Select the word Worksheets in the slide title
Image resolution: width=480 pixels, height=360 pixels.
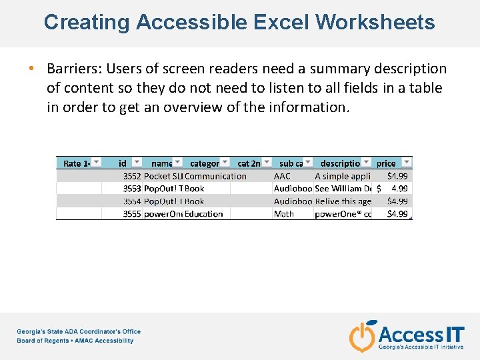pos(375,22)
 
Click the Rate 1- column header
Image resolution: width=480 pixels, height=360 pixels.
pos(77,163)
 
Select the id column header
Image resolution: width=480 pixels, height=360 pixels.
pos(123,163)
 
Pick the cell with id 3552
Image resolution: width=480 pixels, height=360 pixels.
pos(131,177)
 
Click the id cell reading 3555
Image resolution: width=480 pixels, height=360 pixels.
pos(131,214)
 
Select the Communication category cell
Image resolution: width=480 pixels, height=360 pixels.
pos(215,177)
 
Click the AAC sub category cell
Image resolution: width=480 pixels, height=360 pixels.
pos(282,177)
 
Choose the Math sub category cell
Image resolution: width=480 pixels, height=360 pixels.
pos(284,214)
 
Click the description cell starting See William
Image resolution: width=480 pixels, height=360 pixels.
pos(343,189)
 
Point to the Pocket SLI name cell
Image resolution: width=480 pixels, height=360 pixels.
pos(163,177)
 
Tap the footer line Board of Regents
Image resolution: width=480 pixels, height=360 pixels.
pos(75,341)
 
